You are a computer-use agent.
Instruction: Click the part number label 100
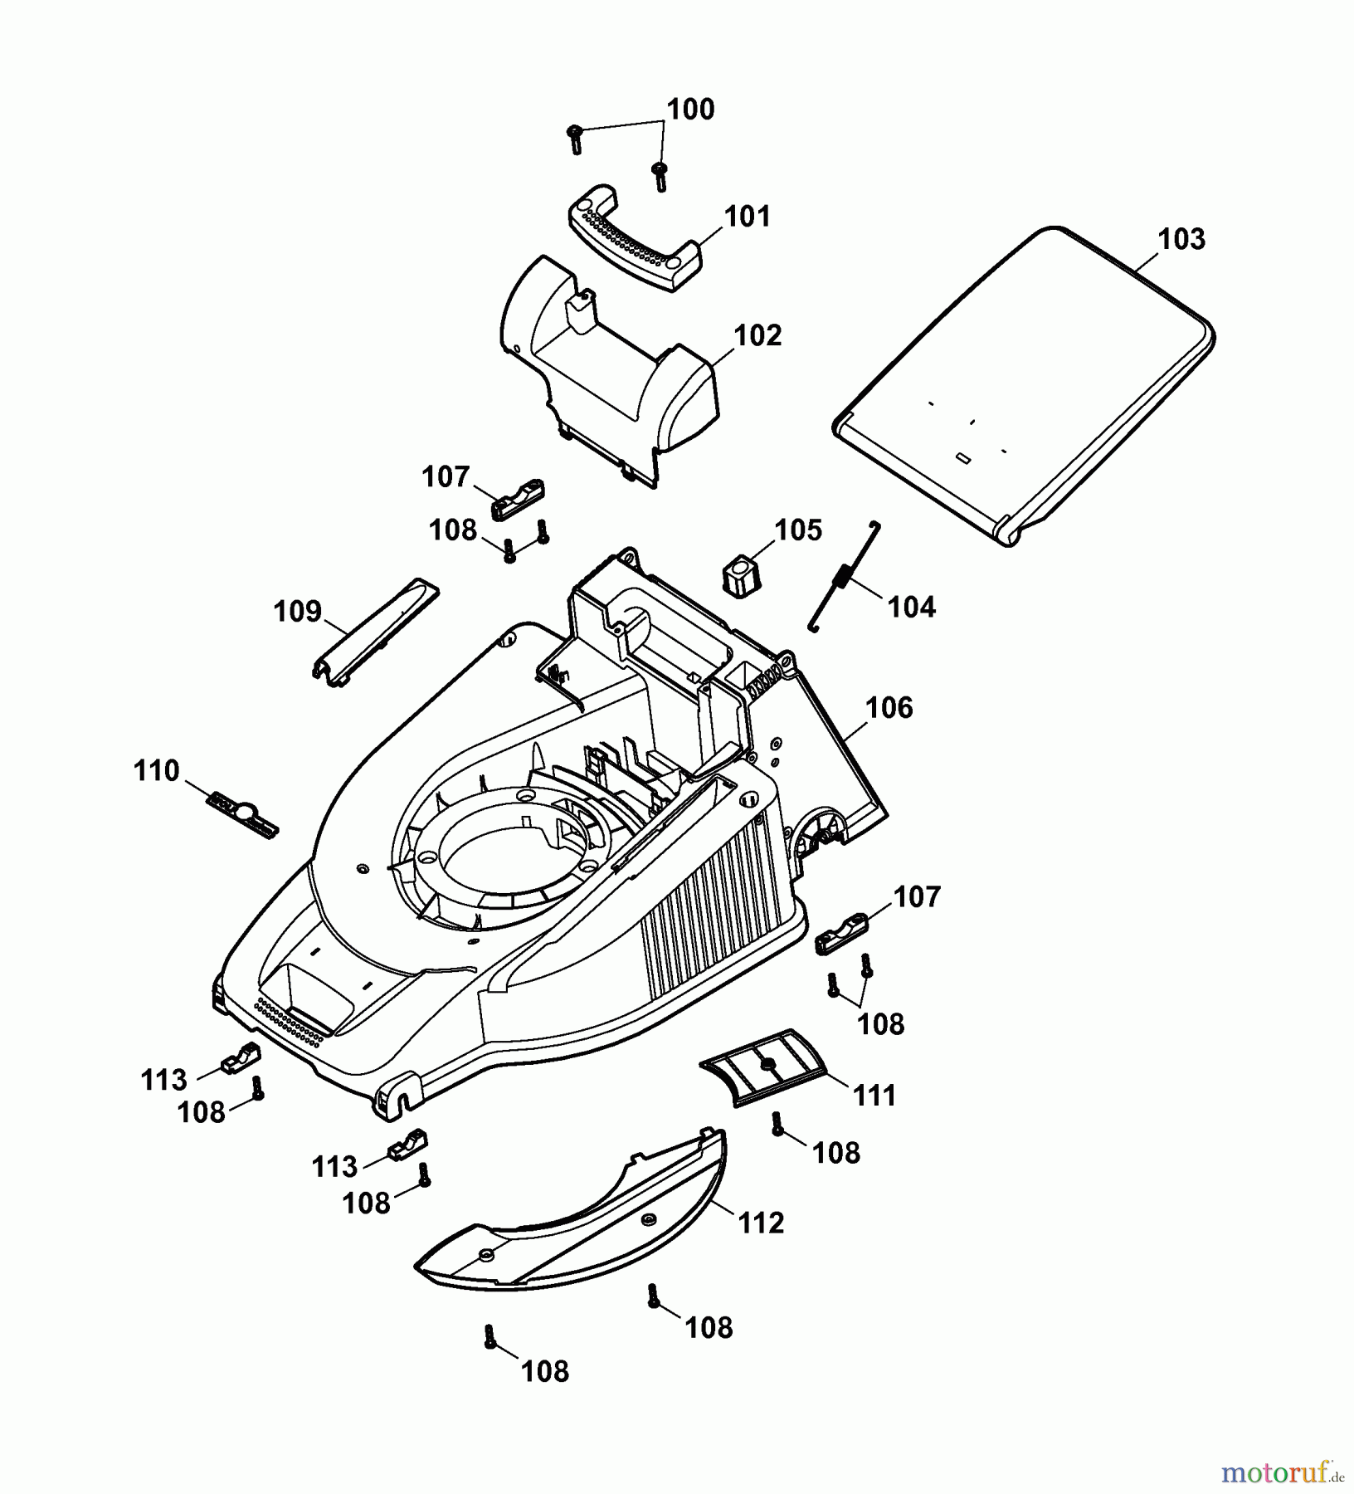[x=690, y=110]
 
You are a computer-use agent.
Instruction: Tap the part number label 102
[x=757, y=335]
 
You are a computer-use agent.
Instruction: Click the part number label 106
[x=889, y=708]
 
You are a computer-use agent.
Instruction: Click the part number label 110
[x=156, y=770]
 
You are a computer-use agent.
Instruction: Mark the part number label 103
[x=1181, y=239]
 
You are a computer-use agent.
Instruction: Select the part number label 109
[x=297, y=611]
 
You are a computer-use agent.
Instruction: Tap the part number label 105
[x=798, y=530]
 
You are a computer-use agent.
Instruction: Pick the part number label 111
[x=874, y=1096]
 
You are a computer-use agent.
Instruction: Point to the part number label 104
[x=911, y=607]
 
